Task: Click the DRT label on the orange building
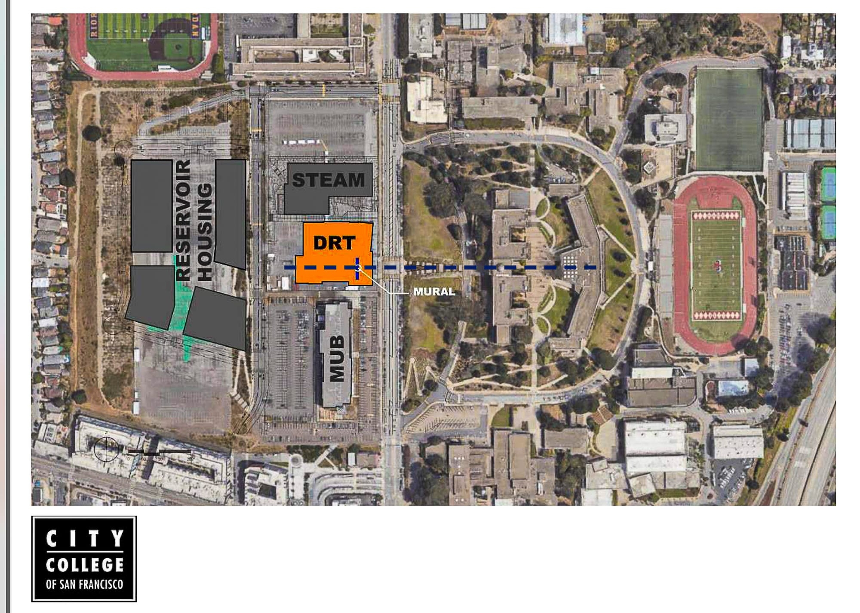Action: (x=334, y=243)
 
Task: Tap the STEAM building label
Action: (x=329, y=180)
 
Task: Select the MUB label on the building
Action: (x=337, y=358)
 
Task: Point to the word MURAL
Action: (x=434, y=292)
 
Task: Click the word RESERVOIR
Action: (x=184, y=220)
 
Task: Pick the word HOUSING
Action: (x=205, y=232)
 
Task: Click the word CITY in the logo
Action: (x=84, y=539)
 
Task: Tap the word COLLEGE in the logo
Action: (x=84, y=565)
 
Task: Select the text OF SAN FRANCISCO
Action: (x=84, y=584)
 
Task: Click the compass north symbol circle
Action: (x=106, y=449)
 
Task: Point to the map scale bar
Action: (x=159, y=452)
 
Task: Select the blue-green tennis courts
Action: (x=828, y=202)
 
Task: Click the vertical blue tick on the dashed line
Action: (x=357, y=268)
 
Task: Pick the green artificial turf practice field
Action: (x=728, y=119)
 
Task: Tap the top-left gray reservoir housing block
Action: (x=151, y=206)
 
